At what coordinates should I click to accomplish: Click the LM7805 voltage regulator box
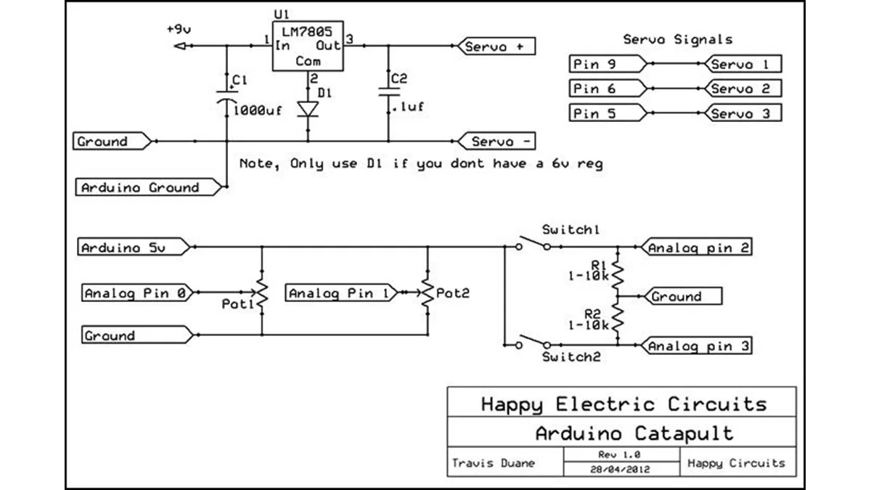click(x=308, y=50)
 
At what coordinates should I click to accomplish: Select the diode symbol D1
click(x=308, y=109)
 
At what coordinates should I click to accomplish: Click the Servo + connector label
click(x=496, y=46)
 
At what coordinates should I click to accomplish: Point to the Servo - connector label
click(x=496, y=141)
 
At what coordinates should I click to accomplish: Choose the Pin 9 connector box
click(x=605, y=64)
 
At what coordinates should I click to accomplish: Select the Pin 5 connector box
click(x=605, y=113)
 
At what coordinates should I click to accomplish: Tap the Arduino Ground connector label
click(x=149, y=187)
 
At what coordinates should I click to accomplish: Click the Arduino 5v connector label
click(x=134, y=248)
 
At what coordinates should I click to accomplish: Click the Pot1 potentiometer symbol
click(x=261, y=294)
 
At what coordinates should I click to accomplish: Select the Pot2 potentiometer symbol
click(x=428, y=293)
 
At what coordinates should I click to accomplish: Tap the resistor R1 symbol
click(x=616, y=271)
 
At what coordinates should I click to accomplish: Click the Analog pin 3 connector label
click(x=697, y=346)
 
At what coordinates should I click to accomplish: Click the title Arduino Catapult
click(x=634, y=433)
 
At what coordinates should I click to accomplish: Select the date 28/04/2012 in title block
click(x=621, y=469)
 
